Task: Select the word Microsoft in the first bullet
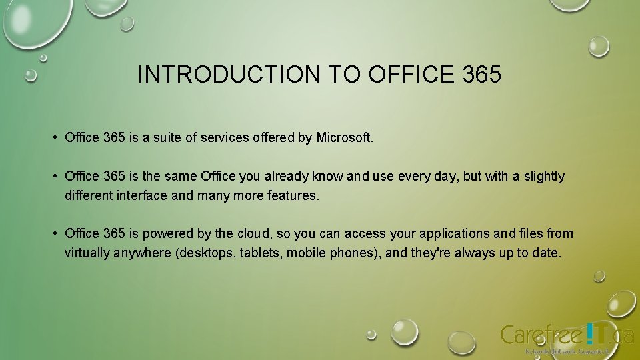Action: click(x=345, y=138)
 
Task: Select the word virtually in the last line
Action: click(x=89, y=253)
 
